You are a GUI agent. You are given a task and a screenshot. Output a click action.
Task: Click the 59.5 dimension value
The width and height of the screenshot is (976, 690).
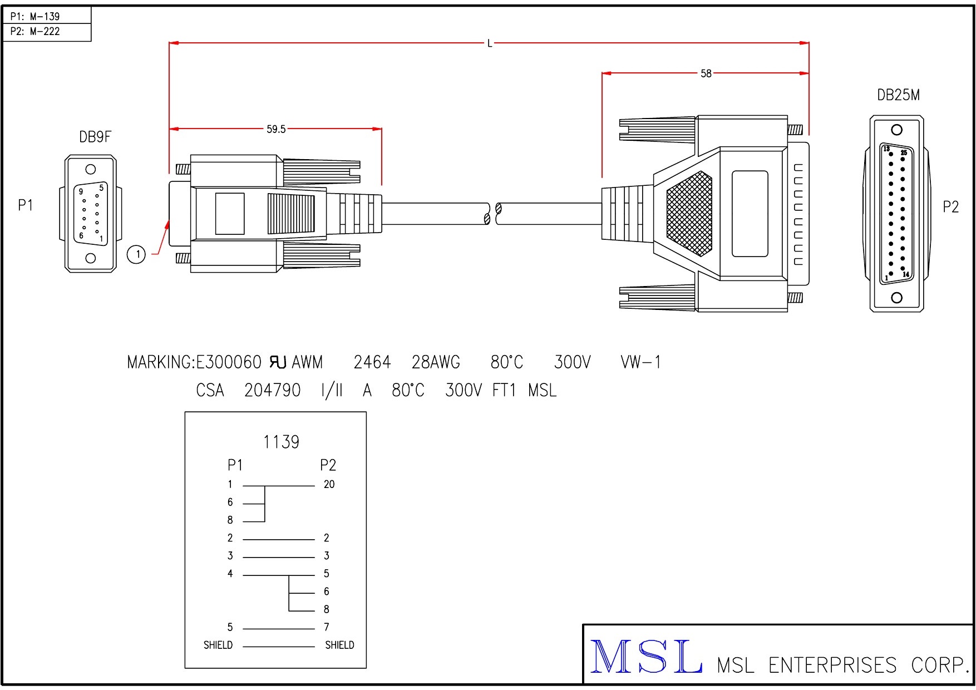(x=275, y=129)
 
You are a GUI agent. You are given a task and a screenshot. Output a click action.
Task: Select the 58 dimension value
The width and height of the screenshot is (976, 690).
(x=706, y=73)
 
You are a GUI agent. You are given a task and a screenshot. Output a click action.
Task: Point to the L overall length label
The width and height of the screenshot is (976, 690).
(x=490, y=43)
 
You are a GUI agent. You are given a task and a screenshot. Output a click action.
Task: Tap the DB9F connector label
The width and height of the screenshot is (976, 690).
(x=95, y=137)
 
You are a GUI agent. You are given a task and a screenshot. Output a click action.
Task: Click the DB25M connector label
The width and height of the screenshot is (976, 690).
(x=898, y=95)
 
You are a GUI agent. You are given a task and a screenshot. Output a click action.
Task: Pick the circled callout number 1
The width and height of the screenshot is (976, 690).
(x=136, y=254)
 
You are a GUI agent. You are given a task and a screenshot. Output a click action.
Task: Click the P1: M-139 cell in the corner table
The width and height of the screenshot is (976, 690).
(x=35, y=16)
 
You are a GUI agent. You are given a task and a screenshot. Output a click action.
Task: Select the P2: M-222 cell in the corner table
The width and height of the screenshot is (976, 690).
(x=35, y=32)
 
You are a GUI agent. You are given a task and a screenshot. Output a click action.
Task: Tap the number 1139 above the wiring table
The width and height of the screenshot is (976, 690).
(x=281, y=442)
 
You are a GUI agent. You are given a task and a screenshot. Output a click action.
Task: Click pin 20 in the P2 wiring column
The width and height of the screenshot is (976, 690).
(x=329, y=485)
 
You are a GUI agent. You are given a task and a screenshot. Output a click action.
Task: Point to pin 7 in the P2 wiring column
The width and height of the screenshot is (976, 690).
(x=327, y=627)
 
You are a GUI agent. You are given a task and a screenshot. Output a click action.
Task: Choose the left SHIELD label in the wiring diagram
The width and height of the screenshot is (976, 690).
(x=218, y=645)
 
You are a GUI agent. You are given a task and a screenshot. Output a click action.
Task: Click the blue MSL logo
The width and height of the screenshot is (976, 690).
(x=645, y=657)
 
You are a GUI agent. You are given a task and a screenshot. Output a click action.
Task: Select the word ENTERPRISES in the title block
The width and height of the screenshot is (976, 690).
(x=832, y=666)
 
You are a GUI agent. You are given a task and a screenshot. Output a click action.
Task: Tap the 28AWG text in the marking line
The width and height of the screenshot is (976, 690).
(x=436, y=363)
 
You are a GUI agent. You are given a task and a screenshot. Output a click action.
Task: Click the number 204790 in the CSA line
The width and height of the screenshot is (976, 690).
(x=272, y=391)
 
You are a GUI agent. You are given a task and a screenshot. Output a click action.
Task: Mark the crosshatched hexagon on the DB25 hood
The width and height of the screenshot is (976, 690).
(x=689, y=214)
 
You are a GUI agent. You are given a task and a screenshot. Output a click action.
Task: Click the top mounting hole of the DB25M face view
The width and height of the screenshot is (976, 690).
(x=896, y=130)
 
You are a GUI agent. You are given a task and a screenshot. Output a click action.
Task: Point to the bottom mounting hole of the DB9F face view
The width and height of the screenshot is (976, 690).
(x=91, y=258)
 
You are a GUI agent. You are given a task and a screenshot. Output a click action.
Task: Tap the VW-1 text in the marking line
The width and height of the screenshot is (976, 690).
(x=640, y=363)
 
